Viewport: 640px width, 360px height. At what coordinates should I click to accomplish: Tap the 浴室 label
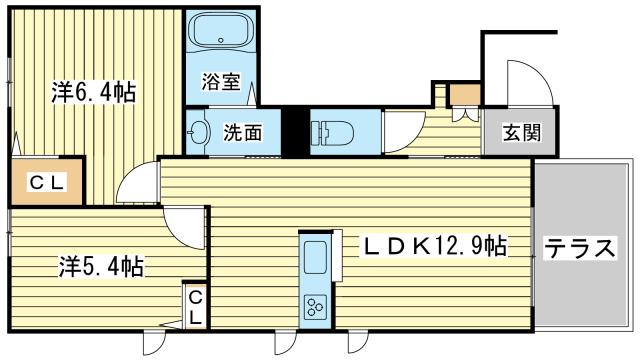tap(221, 82)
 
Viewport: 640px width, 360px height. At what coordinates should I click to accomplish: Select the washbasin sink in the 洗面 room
tap(198, 132)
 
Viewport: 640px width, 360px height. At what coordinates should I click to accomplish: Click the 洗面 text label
tap(242, 132)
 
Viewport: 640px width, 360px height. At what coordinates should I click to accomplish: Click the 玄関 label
tap(522, 132)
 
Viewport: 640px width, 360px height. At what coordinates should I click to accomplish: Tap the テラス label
tap(579, 248)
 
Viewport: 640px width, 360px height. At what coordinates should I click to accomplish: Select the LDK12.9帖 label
tap(433, 246)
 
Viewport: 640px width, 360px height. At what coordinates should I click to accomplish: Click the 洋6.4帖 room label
tap(93, 92)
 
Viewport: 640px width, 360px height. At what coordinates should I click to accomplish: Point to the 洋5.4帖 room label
tap(101, 266)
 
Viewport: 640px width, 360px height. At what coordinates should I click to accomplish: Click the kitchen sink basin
tap(315, 257)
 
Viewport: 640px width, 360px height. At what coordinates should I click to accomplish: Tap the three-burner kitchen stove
tap(315, 307)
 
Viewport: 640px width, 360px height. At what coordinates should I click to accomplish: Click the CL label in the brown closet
tap(47, 182)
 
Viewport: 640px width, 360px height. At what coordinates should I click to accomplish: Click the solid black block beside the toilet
tap(296, 131)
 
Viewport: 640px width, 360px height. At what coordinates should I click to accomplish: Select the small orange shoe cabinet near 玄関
tap(465, 94)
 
